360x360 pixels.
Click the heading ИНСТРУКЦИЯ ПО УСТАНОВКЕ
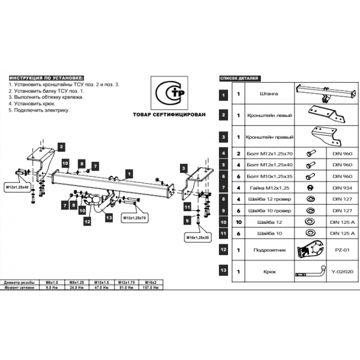pos(46,79)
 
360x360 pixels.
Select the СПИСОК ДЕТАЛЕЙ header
pos(240,79)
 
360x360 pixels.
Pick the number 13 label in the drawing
pos(109,217)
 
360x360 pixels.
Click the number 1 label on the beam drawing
pos(128,173)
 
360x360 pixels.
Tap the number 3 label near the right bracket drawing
pos(182,169)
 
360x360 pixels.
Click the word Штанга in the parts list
pos(264,94)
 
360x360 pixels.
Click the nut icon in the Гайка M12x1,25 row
pos(311,188)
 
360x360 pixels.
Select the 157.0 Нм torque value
pos(152,287)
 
